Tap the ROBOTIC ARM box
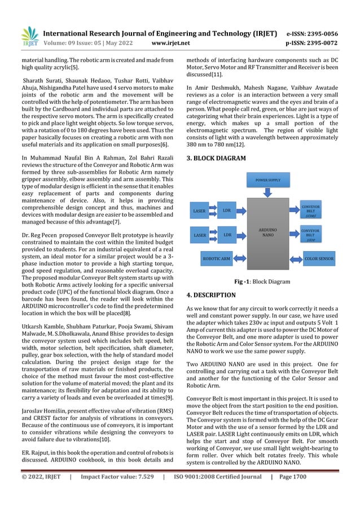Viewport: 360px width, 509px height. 217,259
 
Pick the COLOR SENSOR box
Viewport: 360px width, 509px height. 319,259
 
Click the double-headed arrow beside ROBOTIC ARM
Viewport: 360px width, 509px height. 240,259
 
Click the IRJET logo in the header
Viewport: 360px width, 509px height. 30,37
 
